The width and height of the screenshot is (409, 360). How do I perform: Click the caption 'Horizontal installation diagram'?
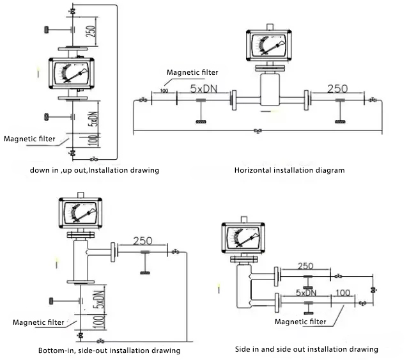pyautogui.click(x=289, y=171)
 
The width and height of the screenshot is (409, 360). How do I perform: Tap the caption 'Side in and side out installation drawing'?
pyautogui.click(x=307, y=349)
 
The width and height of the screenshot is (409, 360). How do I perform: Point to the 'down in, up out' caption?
pyautogui.click(x=95, y=171)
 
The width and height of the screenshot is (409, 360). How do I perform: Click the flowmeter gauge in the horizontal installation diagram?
pyautogui.click(x=269, y=47)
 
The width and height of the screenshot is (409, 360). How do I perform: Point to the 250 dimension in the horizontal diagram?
pyautogui.click(x=337, y=90)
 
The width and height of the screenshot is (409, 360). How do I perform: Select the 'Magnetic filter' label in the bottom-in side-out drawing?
pyautogui.click(x=38, y=322)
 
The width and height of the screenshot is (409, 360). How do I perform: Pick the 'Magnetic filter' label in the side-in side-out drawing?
pyautogui.click(x=300, y=322)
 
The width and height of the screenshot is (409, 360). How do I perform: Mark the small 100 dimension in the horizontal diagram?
pyautogui.click(x=164, y=91)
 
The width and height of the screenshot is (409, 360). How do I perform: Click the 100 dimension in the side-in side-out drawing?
pyautogui.click(x=343, y=292)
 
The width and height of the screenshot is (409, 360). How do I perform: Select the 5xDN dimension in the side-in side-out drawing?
pyautogui.click(x=307, y=292)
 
